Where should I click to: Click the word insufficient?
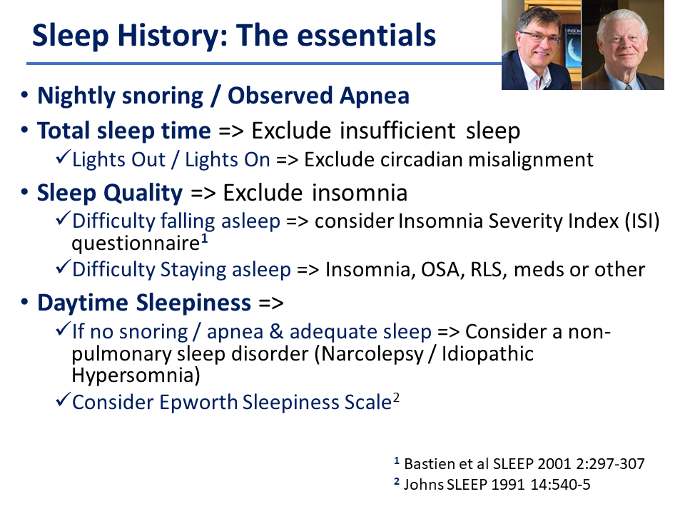[x=397, y=131]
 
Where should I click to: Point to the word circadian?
[x=421, y=159]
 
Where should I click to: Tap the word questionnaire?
[x=136, y=243]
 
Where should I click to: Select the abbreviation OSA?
[x=440, y=270]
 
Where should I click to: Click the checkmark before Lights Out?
[x=64, y=157]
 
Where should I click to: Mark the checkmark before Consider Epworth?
[x=64, y=400]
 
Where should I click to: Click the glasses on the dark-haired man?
[x=539, y=38]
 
